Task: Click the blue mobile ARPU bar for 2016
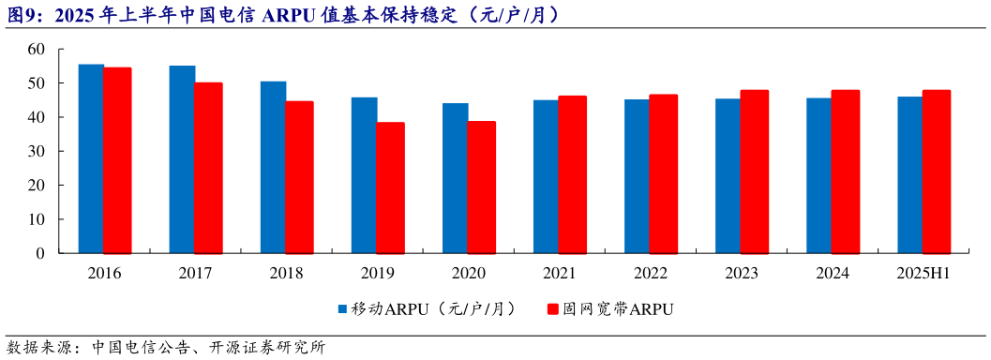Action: [x=91, y=158]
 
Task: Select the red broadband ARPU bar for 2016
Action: [x=117, y=160]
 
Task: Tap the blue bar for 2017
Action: [x=182, y=159]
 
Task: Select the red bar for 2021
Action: [x=572, y=174]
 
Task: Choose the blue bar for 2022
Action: [x=638, y=176]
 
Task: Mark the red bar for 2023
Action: [x=755, y=172]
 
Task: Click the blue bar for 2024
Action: [x=819, y=175]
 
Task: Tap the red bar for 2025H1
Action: [x=937, y=172]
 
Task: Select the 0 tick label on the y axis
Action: [x=40, y=253]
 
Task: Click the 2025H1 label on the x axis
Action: [x=923, y=273]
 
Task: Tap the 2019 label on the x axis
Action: [x=378, y=273]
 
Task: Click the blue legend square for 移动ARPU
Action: [x=342, y=308]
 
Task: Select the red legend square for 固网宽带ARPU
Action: [x=552, y=308]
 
